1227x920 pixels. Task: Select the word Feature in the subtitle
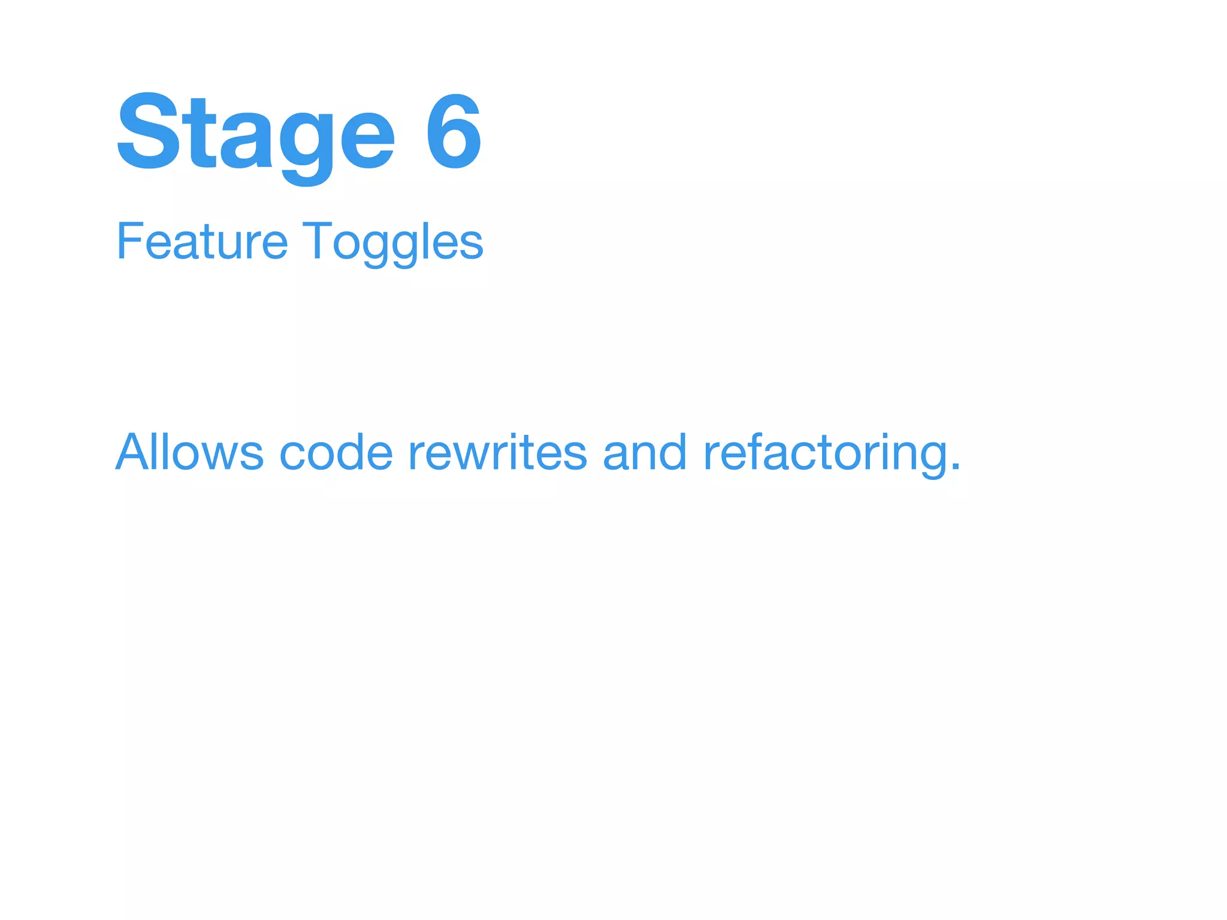coord(202,241)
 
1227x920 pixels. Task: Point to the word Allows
coord(189,452)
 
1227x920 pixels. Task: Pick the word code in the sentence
coord(336,452)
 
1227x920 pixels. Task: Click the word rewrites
coord(497,452)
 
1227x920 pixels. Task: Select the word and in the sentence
coord(645,452)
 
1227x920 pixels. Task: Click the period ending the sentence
coord(956,468)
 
